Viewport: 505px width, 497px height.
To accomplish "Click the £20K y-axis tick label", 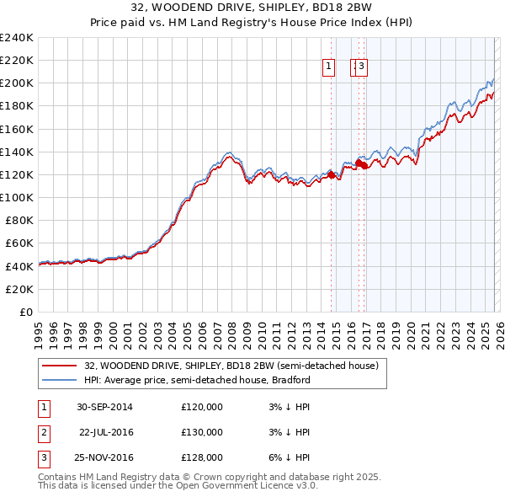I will click(x=19, y=289).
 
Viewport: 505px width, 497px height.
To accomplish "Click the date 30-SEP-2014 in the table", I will click(x=104, y=407).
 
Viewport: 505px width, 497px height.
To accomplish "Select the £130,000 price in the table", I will click(x=202, y=432).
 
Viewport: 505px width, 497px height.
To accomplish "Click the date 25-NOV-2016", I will click(x=104, y=457).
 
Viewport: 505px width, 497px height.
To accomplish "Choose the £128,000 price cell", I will click(x=202, y=457).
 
